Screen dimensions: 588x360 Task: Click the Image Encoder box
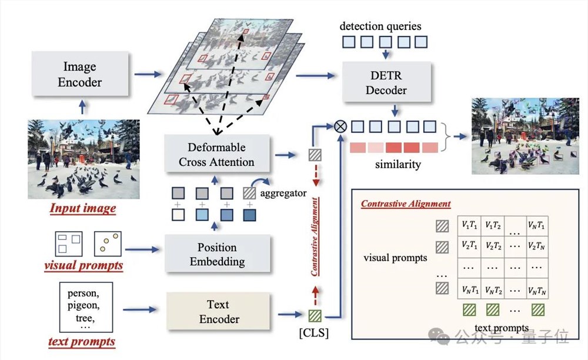point(80,74)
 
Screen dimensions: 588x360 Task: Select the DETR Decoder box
point(386,82)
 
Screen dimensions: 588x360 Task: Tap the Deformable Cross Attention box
point(217,154)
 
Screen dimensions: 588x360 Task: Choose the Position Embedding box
point(218,254)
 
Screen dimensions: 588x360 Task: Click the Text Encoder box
point(218,311)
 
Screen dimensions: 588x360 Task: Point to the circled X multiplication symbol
point(340,126)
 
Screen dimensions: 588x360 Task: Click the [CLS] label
point(314,332)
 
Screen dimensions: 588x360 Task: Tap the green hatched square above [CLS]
point(315,316)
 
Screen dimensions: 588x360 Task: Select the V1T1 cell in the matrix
point(469,225)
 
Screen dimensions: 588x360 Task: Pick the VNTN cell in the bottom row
point(537,290)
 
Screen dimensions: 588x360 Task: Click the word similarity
point(398,164)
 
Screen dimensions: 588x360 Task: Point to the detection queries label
point(380,26)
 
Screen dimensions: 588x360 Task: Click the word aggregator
point(283,194)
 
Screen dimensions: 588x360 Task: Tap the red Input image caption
point(83,208)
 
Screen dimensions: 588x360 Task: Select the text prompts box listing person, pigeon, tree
point(86,308)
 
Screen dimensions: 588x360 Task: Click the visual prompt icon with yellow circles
point(108,244)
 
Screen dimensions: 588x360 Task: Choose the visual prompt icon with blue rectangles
point(69,244)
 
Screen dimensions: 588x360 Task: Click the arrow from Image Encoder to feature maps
point(148,74)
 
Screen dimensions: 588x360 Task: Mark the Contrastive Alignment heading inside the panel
point(406,204)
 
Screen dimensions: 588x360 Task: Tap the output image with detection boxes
point(525,136)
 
